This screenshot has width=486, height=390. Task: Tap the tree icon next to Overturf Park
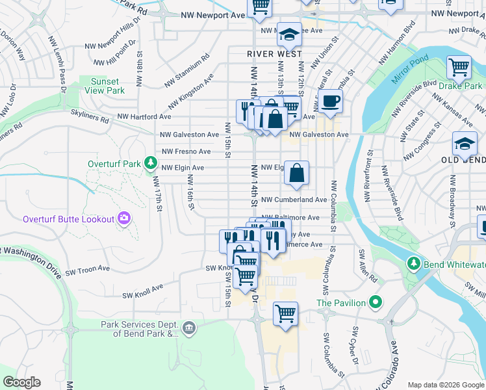point(151,162)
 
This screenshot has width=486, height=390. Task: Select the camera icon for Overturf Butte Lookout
point(124,219)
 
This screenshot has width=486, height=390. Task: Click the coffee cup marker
point(330,101)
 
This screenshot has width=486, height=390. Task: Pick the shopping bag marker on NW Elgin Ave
point(296,173)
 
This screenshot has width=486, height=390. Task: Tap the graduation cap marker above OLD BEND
point(465,144)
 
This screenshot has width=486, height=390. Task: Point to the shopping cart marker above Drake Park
point(459,67)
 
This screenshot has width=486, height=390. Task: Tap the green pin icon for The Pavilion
point(375,302)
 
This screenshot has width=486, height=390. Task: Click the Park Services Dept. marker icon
point(189,328)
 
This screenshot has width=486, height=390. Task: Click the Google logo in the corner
point(21,382)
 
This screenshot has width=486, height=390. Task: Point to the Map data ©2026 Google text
point(446,385)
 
